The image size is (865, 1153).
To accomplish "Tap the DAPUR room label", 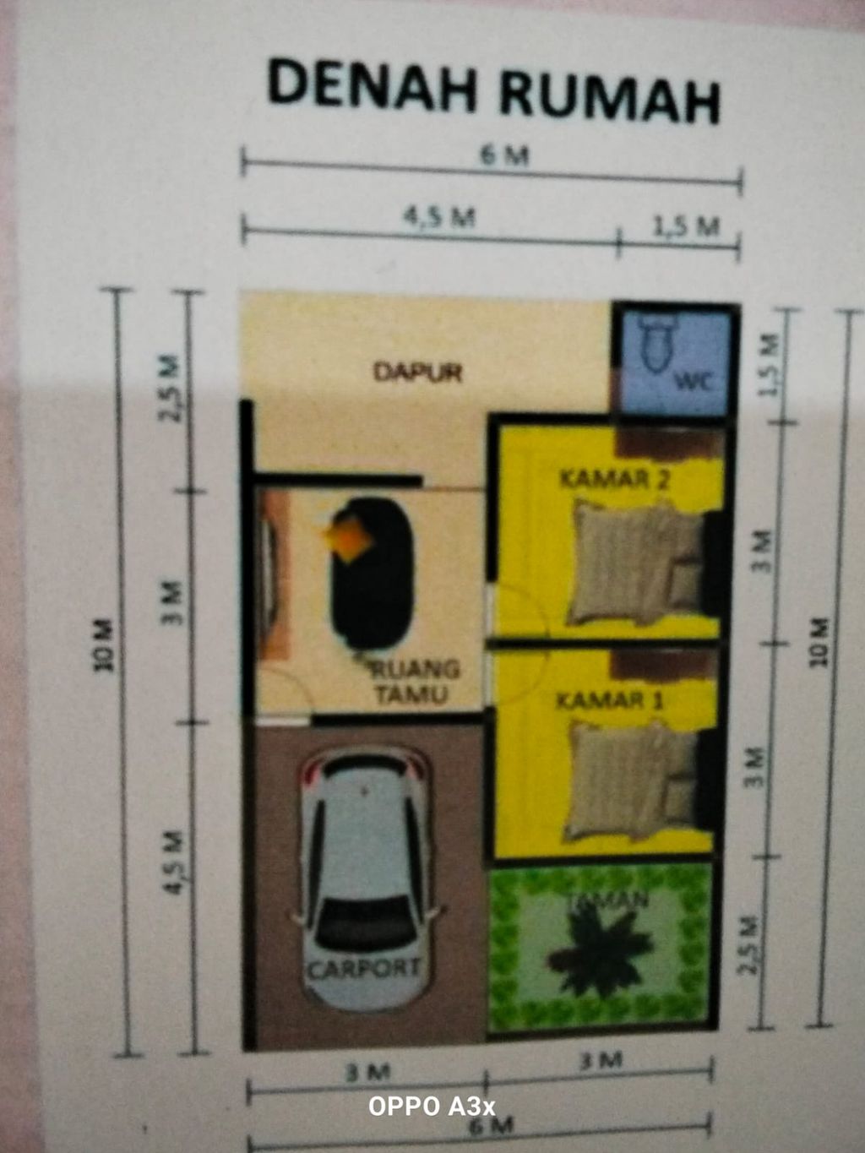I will click(418, 372).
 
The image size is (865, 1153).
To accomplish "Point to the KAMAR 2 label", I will click(615, 480).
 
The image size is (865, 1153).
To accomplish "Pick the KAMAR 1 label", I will click(610, 700).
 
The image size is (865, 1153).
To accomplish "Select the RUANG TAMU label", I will click(415, 682).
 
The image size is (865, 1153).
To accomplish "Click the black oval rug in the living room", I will click(373, 574).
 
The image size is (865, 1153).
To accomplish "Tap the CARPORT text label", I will click(364, 968).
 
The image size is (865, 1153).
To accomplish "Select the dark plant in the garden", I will click(599, 950).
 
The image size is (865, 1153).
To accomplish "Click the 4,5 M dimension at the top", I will click(438, 217).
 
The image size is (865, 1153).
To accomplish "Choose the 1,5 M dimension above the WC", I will click(685, 226).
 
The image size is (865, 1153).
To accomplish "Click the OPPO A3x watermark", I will click(431, 1106).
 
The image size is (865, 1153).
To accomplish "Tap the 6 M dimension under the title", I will click(504, 155).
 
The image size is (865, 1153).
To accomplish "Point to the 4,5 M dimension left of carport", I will click(174, 862).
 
